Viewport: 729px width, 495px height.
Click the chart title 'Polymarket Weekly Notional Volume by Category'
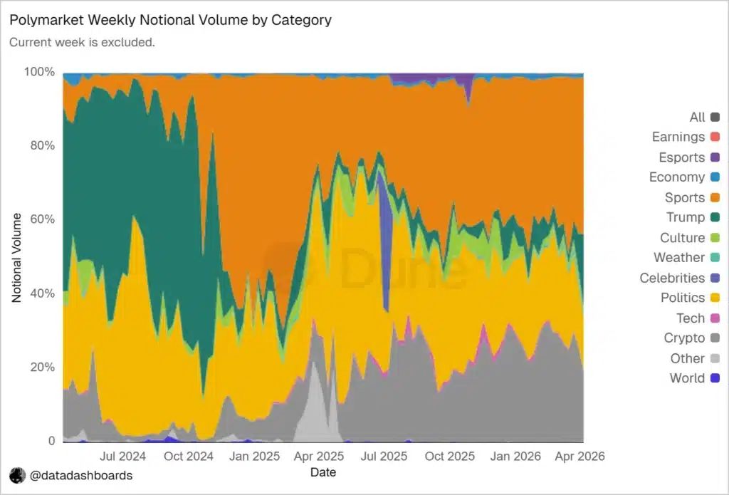[171, 20]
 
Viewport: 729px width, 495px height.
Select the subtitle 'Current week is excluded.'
[83, 42]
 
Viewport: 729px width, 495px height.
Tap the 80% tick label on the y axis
[42, 145]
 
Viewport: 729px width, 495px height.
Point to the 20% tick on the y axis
[42, 367]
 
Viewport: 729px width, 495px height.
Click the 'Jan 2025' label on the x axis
[254, 457]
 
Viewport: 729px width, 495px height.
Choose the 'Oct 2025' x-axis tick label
[450, 457]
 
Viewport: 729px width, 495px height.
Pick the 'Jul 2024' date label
[122, 457]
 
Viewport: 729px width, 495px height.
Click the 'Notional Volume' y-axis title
[17, 258]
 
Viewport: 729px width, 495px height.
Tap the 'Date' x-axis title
[323, 472]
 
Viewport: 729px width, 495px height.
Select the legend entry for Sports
[692, 197]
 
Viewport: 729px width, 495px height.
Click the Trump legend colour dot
[715, 217]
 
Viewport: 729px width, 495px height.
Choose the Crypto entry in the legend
[692, 338]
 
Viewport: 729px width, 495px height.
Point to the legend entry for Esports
[689, 157]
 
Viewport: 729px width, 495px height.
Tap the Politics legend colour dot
[715, 298]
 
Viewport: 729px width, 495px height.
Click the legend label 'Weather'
[679, 257]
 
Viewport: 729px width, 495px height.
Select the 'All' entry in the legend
[705, 117]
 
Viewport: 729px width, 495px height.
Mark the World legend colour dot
[715, 378]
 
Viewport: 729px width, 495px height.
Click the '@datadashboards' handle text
[81, 476]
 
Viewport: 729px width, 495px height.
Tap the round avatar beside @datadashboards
[18, 476]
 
